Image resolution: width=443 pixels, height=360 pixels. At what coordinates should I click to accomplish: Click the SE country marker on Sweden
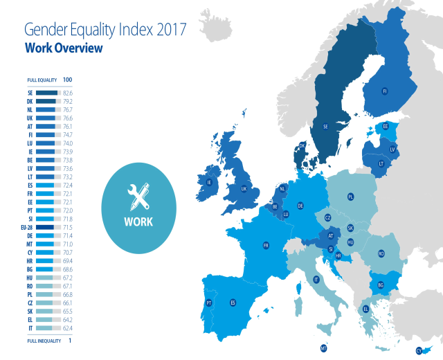coord(325,127)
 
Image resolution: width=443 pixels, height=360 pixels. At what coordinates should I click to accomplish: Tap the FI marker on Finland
coord(385,91)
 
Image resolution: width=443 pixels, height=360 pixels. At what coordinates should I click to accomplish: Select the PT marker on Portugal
coord(208,303)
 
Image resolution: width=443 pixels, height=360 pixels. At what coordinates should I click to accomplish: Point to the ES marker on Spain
coord(233,303)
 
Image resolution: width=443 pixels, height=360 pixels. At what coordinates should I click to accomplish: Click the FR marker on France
coord(266,245)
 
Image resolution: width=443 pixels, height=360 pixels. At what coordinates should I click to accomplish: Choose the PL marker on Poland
coord(351,197)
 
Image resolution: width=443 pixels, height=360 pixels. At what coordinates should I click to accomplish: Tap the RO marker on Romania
coord(381,254)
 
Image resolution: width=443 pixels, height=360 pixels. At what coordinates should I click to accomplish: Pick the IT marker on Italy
coord(316,280)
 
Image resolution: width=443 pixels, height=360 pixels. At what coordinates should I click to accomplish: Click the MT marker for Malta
coord(323,348)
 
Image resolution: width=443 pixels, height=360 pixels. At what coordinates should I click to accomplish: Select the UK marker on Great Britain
coord(244,188)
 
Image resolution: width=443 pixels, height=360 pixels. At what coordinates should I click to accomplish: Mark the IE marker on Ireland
coord(208,183)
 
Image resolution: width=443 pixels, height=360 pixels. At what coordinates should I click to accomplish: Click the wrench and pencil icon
coord(138,199)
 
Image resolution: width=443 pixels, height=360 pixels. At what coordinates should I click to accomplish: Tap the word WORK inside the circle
coord(138,222)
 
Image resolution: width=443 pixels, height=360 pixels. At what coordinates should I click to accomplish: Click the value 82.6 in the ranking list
coord(68,92)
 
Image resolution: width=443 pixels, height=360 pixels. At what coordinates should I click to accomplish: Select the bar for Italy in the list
coord(46,328)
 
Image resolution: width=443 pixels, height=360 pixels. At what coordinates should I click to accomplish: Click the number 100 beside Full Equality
coord(67,80)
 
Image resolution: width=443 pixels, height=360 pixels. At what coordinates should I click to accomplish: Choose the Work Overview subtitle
coord(64,48)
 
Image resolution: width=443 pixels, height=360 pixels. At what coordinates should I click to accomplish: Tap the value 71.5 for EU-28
coord(68,227)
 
